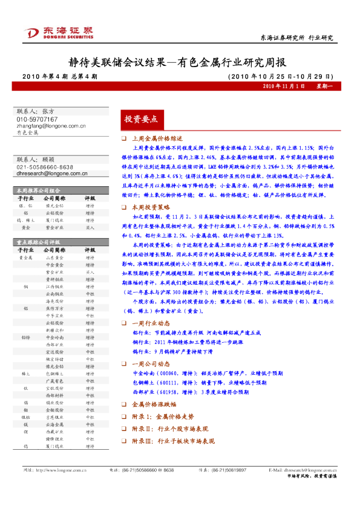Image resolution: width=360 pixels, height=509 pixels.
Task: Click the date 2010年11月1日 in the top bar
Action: pyautogui.click(x=284, y=87)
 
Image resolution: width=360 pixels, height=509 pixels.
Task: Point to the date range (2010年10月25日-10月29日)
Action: pyautogui.click(x=280, y=77)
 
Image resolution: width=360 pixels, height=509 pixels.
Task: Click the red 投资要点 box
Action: pyautogui.click(x=140, y=118)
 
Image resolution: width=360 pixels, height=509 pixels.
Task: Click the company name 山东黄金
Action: pyautogui.click(x=55, y=257)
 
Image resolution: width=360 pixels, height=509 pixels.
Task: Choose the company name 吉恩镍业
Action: pyautogui.click(x=55, y=417)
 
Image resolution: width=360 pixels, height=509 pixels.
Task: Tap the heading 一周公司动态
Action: pyautogui.click(x=150, y=364)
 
